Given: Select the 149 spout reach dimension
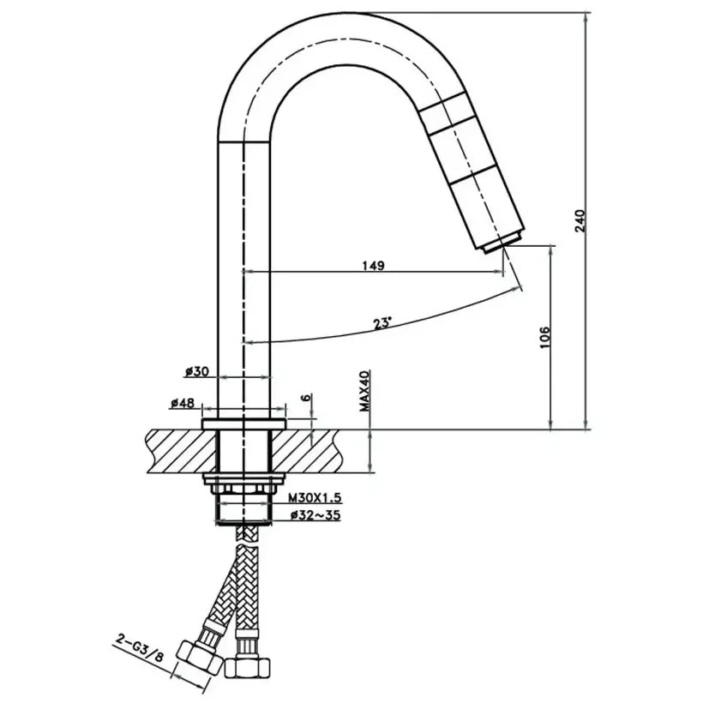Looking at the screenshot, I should pos(373,265).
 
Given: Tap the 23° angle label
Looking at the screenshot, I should pos(382,323).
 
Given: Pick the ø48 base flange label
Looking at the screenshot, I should pos(182,402).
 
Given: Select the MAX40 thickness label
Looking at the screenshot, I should pos(364,391).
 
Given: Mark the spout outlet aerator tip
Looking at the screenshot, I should pos(501,244).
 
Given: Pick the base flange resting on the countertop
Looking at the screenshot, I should pos(244,424).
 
